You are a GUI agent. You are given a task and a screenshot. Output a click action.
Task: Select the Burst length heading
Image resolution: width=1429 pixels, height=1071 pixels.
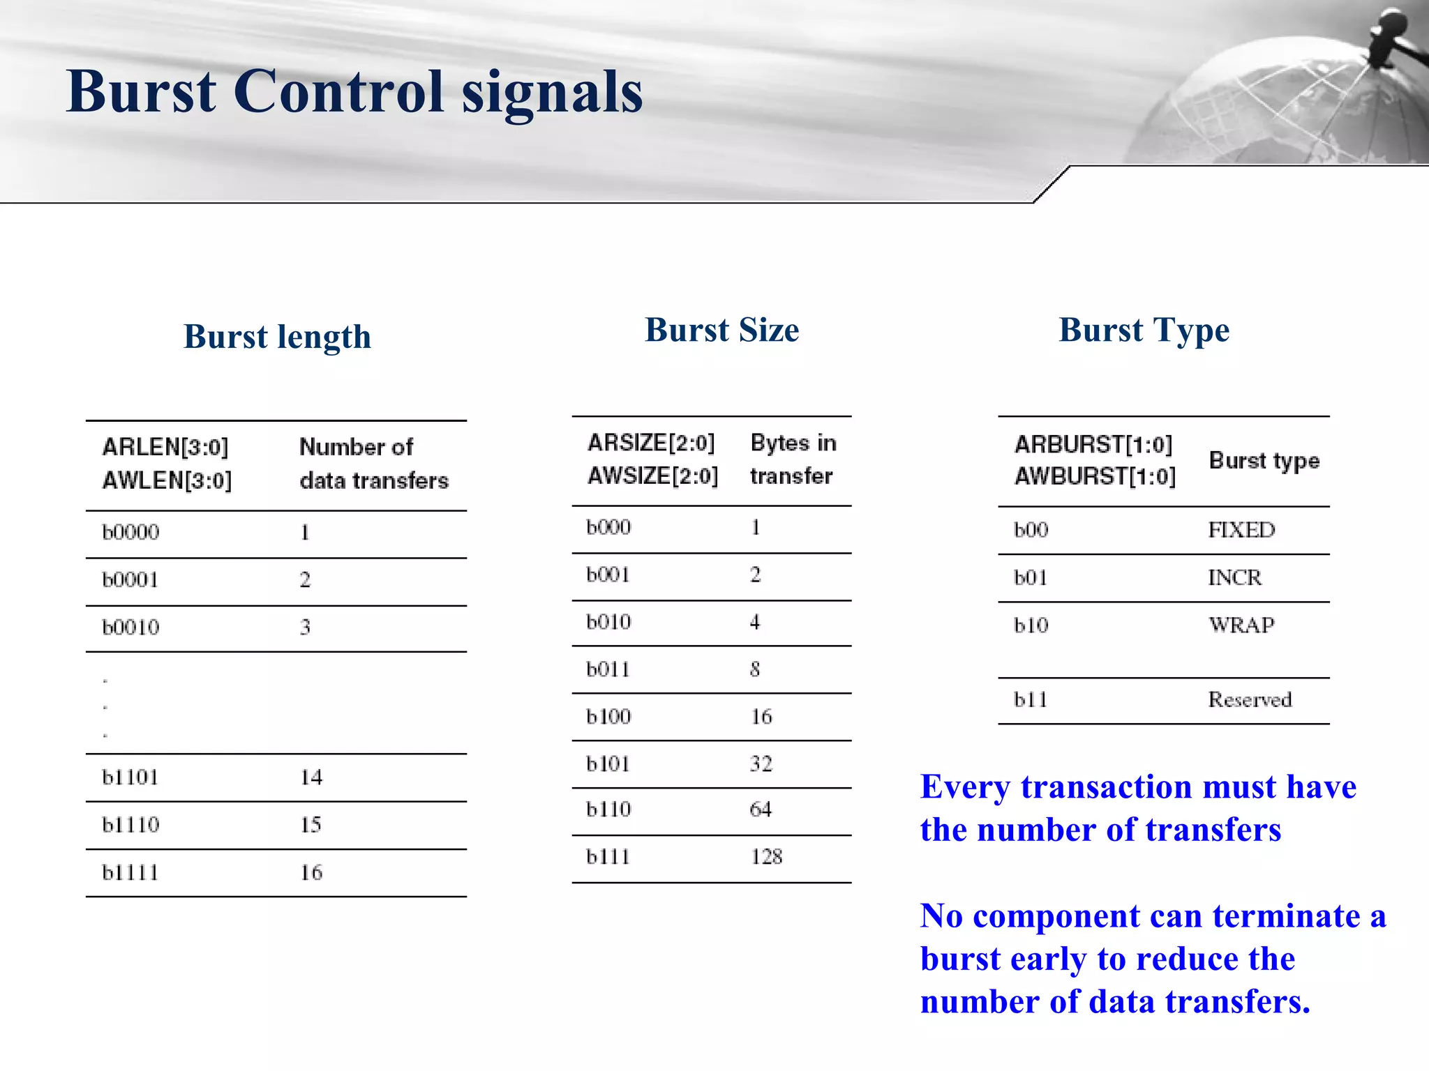pyautogui.click(x=277, y=337)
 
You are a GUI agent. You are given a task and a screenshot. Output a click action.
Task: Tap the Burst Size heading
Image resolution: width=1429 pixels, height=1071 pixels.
pyautogui.click(x=721, y=330)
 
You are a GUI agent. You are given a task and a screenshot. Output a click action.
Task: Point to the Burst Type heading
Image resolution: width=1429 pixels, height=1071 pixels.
pyautogui.click(x=1144, y=331)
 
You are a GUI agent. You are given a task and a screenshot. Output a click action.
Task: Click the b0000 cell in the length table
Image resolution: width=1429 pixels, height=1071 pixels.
pyautogui.click(x=130, y=533)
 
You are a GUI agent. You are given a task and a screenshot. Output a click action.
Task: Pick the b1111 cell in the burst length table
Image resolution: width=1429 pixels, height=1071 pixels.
pyautogui.click(x=130, y=873)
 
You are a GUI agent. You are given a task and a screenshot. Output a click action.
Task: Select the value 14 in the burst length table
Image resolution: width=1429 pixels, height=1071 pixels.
pyautogui.click(x=311, y=777)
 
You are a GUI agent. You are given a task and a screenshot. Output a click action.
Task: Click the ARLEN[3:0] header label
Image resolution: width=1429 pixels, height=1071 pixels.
pyautogui.click(x=165, y=447)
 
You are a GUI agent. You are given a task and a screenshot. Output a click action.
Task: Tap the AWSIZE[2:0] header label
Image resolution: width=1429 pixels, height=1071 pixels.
pyautogui.click(x=652, y=476)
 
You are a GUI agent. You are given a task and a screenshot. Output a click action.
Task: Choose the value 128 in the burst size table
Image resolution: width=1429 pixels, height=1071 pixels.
pyautogui.click(x=766, y=857)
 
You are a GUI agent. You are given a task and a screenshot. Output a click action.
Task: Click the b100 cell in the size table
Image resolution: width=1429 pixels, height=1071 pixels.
pyautogui.click(x=608, y=717)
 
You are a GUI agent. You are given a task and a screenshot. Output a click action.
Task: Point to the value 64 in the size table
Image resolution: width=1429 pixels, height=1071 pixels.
pyautogui.click(x=761, y=810)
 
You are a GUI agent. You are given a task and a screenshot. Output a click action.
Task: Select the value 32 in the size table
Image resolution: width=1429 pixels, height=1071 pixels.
pyautogui.click(x=761, y=764)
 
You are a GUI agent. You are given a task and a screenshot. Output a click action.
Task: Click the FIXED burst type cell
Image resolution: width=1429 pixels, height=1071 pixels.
pyautogui.click(x=1241, y=530)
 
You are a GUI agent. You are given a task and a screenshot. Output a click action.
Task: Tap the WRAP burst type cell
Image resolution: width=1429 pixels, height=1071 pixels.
pyautogui.click(x=1241, y=625)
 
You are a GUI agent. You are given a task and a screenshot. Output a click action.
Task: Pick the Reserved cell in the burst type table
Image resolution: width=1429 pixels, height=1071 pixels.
pyautogui.click(x=1250, y=700)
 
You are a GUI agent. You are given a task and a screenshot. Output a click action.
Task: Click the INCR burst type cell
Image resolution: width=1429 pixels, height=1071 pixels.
pyautogui.click(x=1234, y=578)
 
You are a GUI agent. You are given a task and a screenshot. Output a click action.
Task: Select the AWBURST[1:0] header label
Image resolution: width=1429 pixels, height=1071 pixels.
pyautogui.click(x=1095, y=477)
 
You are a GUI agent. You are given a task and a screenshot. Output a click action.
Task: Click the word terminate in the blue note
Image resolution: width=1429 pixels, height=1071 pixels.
pyautogui.click(x=1286, y=916)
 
